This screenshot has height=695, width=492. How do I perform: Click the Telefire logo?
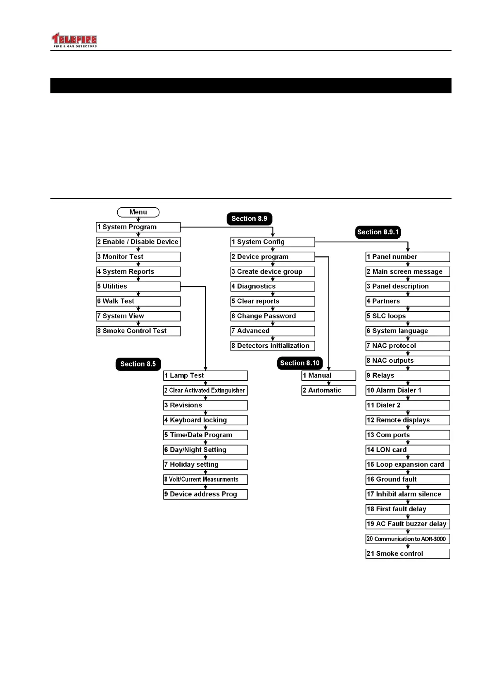74,40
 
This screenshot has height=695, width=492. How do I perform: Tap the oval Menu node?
138,212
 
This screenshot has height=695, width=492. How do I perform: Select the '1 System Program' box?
138,227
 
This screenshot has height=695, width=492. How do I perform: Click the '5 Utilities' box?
138,287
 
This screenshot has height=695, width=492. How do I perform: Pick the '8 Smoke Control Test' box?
138,331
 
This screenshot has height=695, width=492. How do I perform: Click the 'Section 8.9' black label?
249,219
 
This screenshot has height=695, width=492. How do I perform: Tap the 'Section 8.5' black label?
138,364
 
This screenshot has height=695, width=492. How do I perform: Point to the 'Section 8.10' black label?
299,363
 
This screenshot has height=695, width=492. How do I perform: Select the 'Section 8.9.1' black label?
378,232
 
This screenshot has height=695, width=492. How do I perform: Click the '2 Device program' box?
273,257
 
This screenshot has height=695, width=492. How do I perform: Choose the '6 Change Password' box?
273,316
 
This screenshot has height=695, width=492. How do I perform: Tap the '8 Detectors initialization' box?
273,346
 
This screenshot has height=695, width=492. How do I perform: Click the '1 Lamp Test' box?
205,376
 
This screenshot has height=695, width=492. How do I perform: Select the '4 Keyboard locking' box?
205,420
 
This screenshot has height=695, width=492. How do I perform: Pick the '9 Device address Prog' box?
205,494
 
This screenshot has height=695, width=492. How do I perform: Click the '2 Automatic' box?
328,391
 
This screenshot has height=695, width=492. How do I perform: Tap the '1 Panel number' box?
408,257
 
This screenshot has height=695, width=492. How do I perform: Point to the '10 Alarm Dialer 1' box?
408,391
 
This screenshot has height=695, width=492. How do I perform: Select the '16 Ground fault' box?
408,479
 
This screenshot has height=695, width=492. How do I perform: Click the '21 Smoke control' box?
408,554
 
